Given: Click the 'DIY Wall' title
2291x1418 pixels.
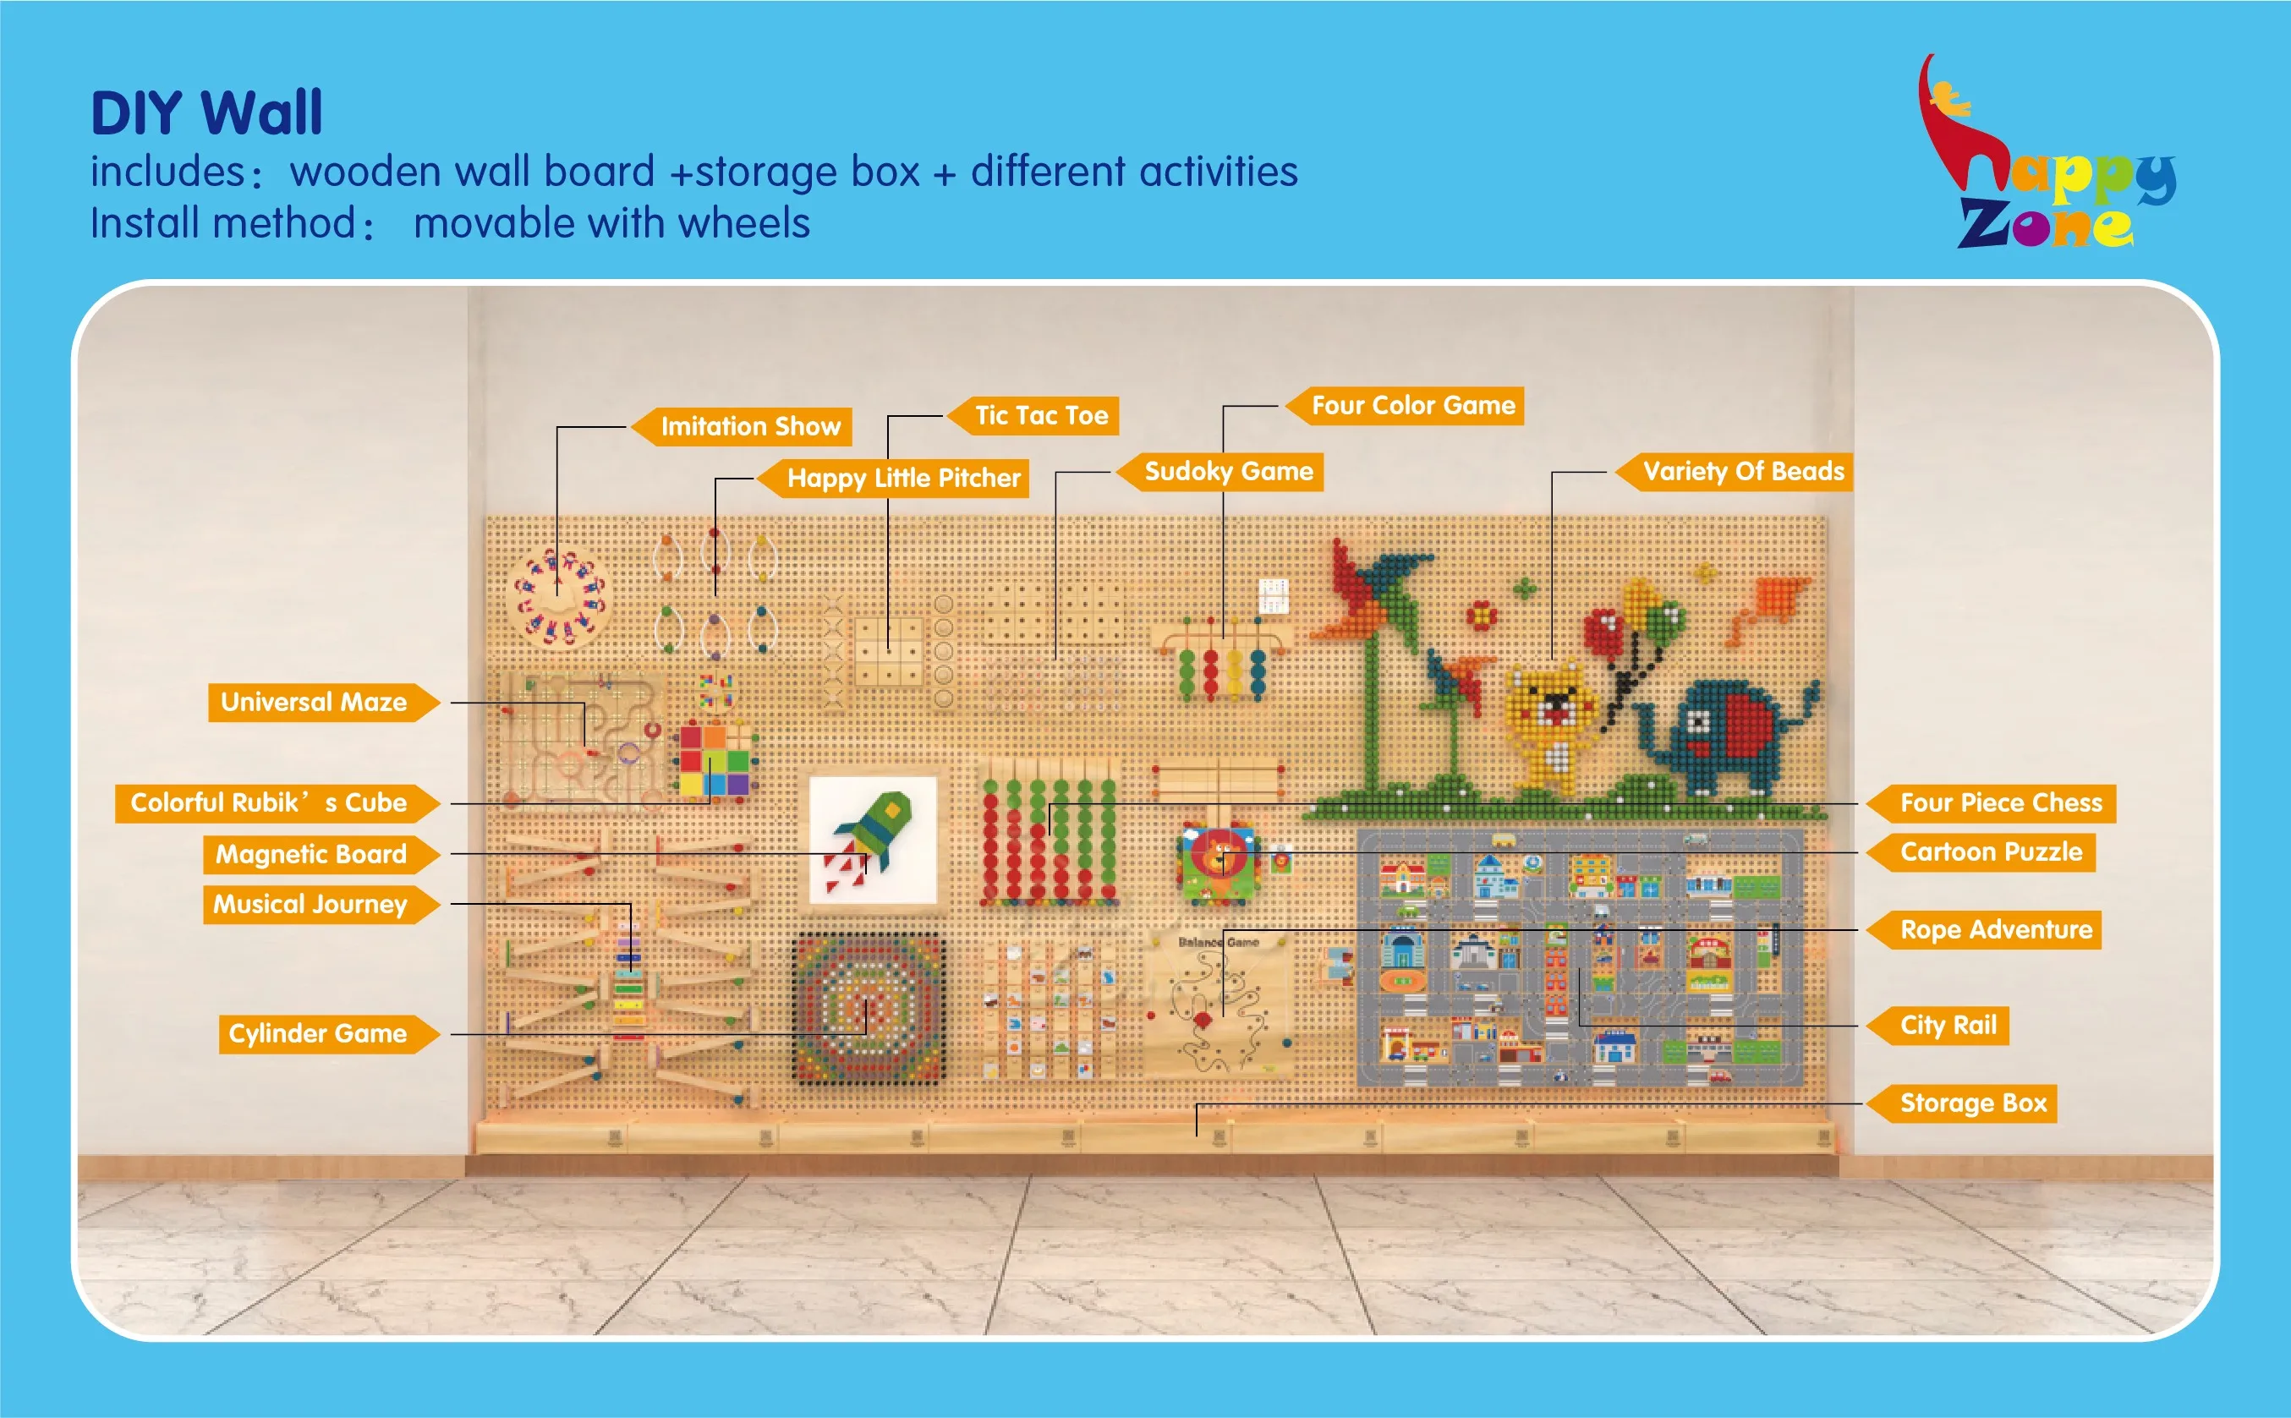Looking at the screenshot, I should pyautogui.click(x=206, y=113).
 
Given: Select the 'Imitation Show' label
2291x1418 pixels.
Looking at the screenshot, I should pyautogui.click(x=749, y=427).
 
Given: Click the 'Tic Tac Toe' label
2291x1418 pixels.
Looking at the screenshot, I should pyautogui.click(x=1040, y=415).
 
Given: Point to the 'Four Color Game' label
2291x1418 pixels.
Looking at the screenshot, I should pyautogui.click(x=1412, y=406).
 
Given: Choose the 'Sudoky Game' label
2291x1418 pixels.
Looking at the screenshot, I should pyautogui.click(x=1228, y=472).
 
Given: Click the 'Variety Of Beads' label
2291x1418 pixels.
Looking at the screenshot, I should pyautogui.click(x=1742, y=472).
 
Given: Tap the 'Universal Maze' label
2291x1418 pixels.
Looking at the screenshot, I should pyautogui.click(x=314, y=703).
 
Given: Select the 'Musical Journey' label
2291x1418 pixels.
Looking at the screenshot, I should pyautogui.click(x=310, y=905).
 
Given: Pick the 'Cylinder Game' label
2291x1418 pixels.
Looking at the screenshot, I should pyautogui.click(x=318, y=1033).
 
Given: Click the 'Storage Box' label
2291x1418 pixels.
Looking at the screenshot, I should pyautogui.click(x=1972, y=1103).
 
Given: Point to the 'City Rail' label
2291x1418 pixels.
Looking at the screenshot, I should pyautogui.click(x=1948, y=1026).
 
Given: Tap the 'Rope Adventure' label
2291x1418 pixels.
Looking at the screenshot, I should pyautogui.click(x=1995, y=930).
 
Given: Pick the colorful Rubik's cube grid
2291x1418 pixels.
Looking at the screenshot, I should pyautogui.click(x=715, y=759).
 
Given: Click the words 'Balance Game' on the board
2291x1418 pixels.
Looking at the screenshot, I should pyautogui.click(x=1217, y=943).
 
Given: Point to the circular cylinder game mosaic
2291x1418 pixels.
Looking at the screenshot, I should pyautogui.click(x=868, y=1007).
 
